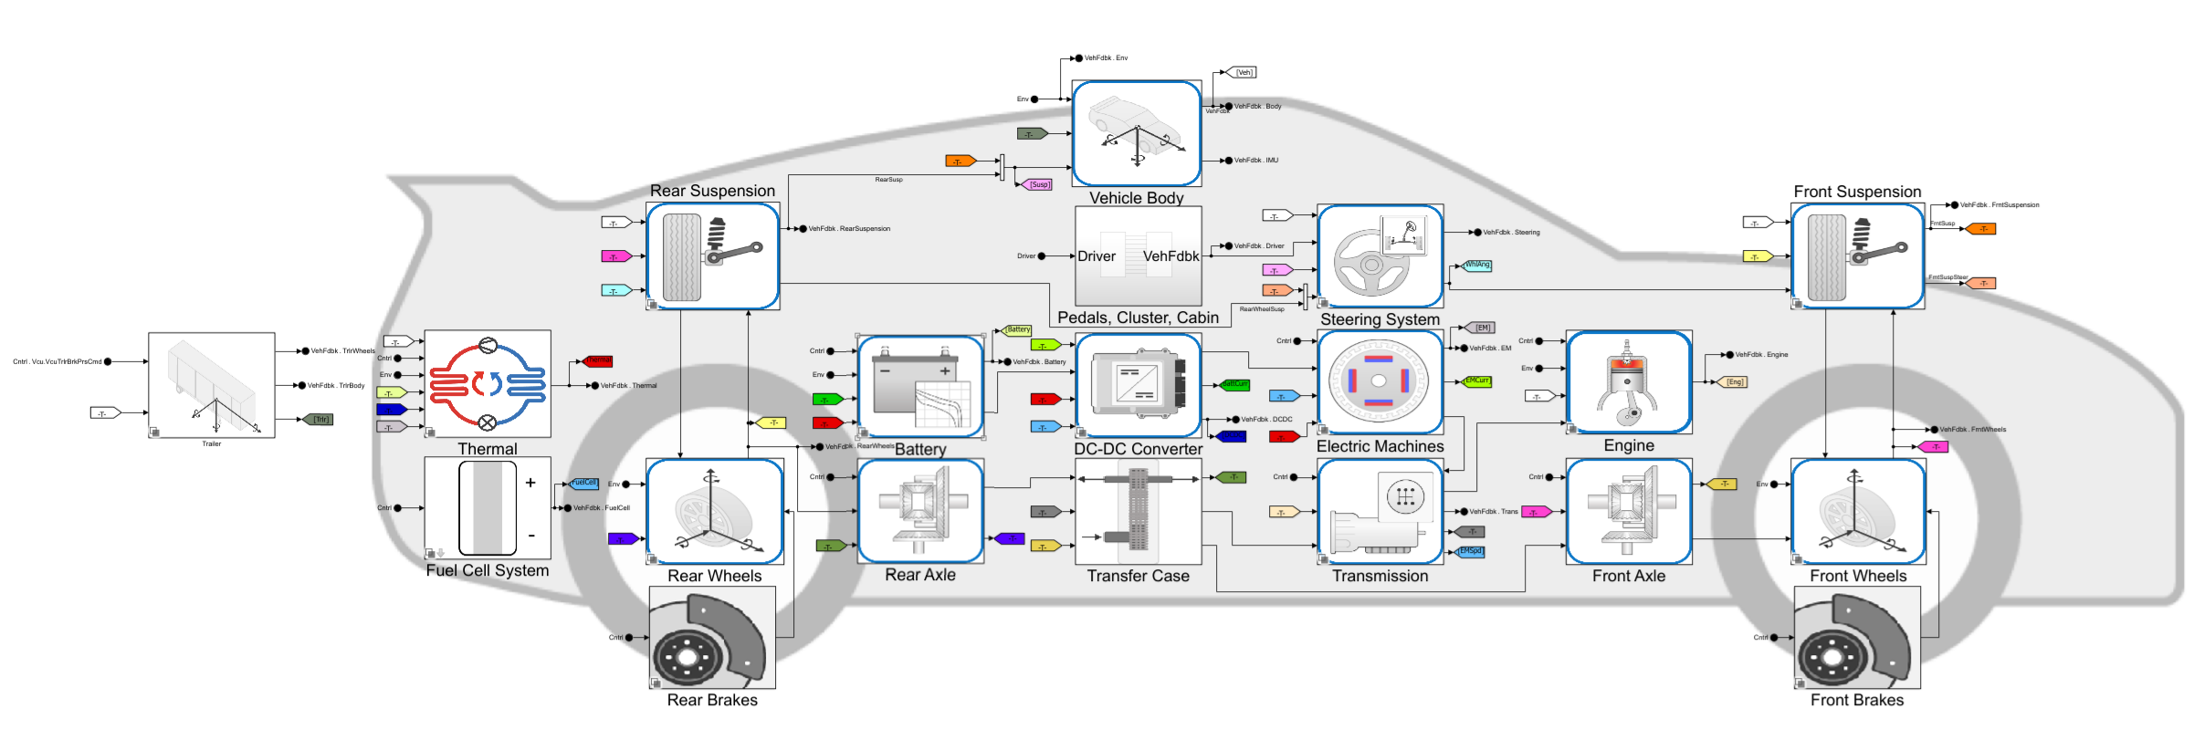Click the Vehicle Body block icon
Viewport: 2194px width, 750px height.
pyautogui.click(x=1136, y=133)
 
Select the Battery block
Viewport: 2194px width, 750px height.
pyautogui.click(x=920, y=386)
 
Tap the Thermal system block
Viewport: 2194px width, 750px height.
pyautogui.click(x=488, y=383)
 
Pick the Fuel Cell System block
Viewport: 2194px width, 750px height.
pyautogui.click(x=488, y=508)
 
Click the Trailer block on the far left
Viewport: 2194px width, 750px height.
pyautogui.click(x=211, y=385)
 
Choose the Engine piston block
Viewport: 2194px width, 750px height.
pyautogui.click(x=1629, y=382)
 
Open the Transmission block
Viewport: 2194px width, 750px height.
pyautogui.click(x=1380, y=512)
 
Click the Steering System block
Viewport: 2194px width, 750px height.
pyautogui.click(x=1380, y=256)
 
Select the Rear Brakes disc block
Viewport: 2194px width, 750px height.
pyautogui.click(x=712, y=638)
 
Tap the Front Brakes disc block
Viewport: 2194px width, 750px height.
pyautogui.click(x=1857, y=638)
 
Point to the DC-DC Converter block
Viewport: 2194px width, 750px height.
pyautogui.click(x=1138, y=385)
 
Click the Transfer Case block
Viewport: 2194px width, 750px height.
pyautogui.click(x=1138, y=512)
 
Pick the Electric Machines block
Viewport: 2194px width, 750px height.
pyautogui.click(x=1380, y=382)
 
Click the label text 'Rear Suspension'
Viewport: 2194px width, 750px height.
pyautogui.click(x=712, y=191)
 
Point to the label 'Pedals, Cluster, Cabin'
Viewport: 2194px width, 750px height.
pyautogui.click(x=1138, y=318)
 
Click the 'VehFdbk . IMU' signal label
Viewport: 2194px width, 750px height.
pyautogui.click(x=1256, y=161)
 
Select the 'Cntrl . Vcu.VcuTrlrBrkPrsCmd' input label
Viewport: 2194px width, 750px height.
pyautogui.click(x=58, y=361)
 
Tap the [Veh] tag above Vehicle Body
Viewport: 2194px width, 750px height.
pyautogui.click(x=1244, y=72)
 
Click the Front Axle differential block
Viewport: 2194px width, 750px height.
pyautogui.click(x=1629, y=512)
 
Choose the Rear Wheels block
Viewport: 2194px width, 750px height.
pyautogui.click(x=714, y=512)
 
